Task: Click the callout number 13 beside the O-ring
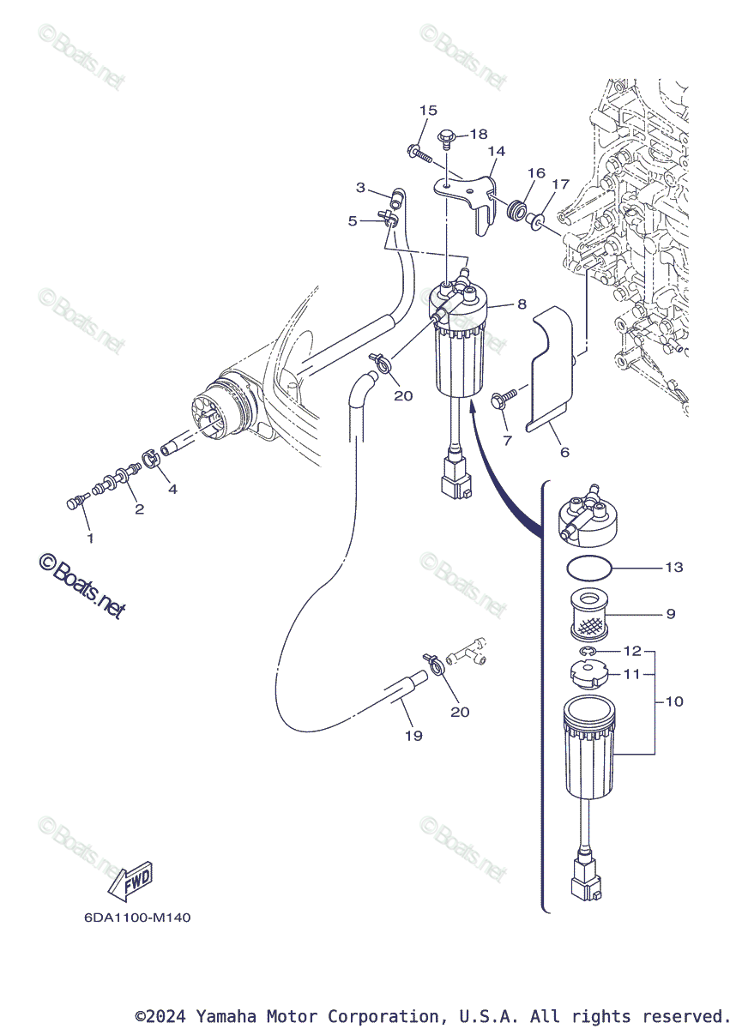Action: point(673,568)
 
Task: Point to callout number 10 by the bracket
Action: point(674,701)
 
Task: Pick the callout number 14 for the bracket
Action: point(497,151)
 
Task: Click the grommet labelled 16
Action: point(516,211)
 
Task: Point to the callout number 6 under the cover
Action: point(564,452)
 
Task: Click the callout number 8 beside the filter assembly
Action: point(522,304)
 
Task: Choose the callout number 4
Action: point(172,490)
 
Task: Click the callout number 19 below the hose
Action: point(413,736)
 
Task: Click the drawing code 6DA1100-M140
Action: point(137,918)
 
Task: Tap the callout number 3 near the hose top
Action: point(361,188)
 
